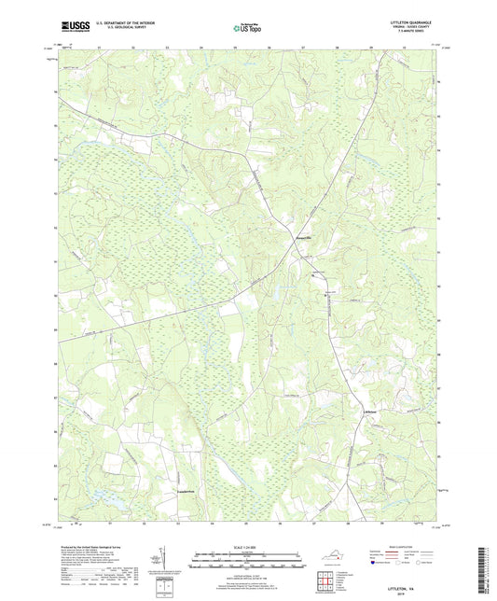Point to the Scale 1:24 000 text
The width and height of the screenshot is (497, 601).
coord(247,548)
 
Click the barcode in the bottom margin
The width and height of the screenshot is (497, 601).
coord(486,571)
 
